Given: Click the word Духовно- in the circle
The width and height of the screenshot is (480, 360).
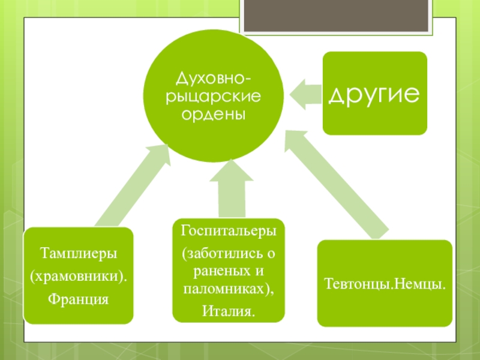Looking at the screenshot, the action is pyautogui.click(x=214, y=78).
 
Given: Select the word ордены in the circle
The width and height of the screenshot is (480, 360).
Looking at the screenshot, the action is pyautogui.click(x=214, y=113).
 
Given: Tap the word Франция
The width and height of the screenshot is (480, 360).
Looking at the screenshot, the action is pyautogui.click(x=79, y=298).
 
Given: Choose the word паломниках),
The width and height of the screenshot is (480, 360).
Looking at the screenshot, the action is pyautogui.click(x=229, y=289).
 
